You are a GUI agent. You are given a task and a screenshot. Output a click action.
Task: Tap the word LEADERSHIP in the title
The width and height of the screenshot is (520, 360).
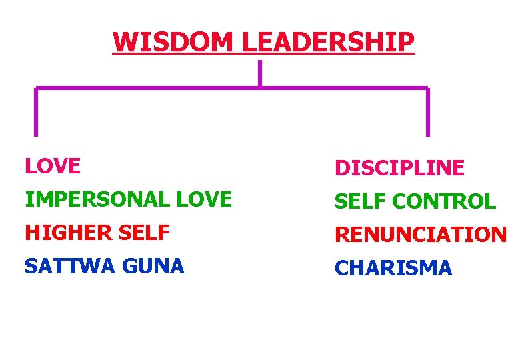point(327,42)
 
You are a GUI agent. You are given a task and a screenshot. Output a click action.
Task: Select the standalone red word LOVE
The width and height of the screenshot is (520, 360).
point(53,166)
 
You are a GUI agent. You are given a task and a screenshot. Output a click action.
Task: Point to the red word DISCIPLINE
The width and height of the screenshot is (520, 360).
point(399,169)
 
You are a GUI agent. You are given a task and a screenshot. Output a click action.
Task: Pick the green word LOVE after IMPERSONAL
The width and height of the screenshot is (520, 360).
point(203,199)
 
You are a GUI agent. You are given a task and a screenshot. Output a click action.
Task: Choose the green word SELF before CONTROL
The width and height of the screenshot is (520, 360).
point(361,201)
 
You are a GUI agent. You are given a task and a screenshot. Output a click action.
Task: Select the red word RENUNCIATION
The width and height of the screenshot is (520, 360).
point(421,235)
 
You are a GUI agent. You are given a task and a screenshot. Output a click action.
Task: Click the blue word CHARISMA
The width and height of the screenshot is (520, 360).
point(393,268)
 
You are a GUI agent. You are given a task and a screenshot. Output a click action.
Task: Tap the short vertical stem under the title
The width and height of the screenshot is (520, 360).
point(259,73)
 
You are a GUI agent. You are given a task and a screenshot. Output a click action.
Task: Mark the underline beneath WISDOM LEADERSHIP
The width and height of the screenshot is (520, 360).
point(263,54)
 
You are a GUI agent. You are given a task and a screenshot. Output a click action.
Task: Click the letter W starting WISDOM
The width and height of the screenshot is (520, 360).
point(125,42)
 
